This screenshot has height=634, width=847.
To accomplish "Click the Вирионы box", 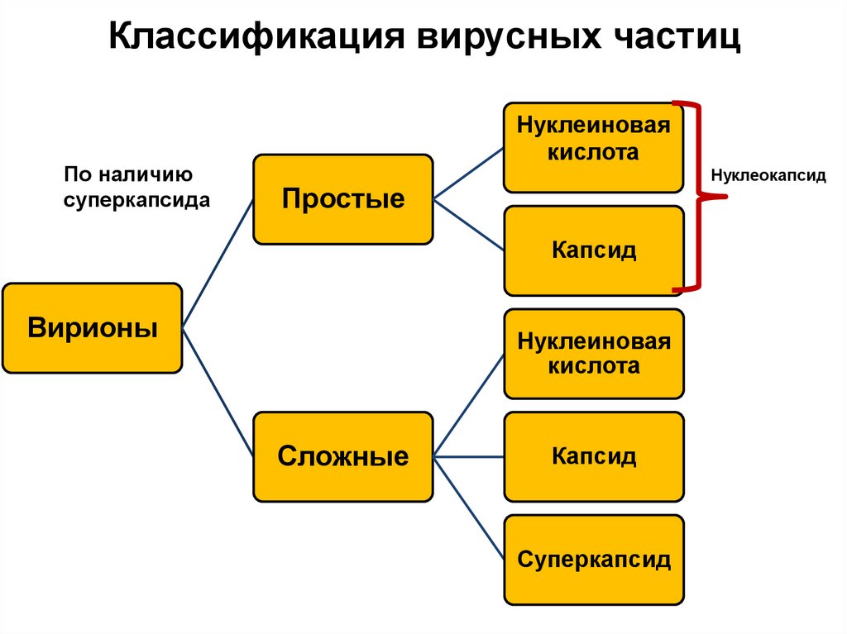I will point(92,328).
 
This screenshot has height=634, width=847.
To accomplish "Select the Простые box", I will point(343,199).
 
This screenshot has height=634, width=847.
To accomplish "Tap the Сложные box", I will point(343,456).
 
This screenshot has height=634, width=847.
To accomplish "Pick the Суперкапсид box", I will point(594,560).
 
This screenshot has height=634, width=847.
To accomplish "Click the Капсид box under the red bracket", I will point(594,250).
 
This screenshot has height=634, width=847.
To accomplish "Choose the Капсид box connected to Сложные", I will point(594,456).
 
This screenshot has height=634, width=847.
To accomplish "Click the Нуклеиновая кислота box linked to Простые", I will point(594,148).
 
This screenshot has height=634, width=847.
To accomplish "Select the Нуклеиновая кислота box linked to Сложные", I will point(594,353).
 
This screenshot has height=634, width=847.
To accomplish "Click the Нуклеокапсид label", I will point(768,176).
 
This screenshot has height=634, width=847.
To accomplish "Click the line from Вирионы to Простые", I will point(217,264).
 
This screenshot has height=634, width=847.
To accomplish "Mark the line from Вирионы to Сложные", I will point(217,392).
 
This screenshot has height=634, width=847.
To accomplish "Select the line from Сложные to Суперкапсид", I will point(468,508).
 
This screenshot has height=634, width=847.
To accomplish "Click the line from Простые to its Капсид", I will point(468,225).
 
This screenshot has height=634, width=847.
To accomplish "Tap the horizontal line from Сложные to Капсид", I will point(468,456).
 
